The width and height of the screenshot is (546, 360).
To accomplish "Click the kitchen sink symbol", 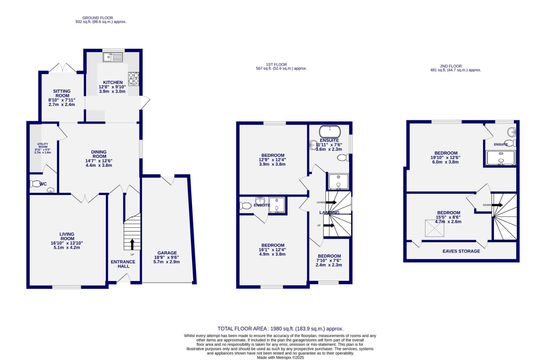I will point(113,58).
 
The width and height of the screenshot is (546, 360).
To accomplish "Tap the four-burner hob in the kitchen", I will point(133,78).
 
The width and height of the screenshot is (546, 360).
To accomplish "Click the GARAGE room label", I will point(167,253).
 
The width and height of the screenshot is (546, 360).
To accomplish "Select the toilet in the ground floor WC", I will point(35,184).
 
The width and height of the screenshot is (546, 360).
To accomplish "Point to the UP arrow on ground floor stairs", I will point(132,244).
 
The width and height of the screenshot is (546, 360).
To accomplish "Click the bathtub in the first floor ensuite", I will point(330,132).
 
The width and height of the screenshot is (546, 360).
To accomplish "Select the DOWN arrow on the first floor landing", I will point(331,202).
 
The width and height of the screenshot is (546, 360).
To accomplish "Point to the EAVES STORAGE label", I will point(461,251).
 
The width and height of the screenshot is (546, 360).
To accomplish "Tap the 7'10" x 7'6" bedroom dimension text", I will point(329,261).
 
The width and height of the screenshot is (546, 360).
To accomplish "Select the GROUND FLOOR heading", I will point(97,18).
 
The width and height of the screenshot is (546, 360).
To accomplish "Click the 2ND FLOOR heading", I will point(451,66).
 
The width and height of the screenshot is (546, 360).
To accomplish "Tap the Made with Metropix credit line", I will point(280,357).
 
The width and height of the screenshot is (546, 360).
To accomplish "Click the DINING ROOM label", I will point(99,154).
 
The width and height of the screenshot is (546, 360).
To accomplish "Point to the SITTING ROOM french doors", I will point(62,68).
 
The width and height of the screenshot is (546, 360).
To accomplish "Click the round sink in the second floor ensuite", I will point(511,132).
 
